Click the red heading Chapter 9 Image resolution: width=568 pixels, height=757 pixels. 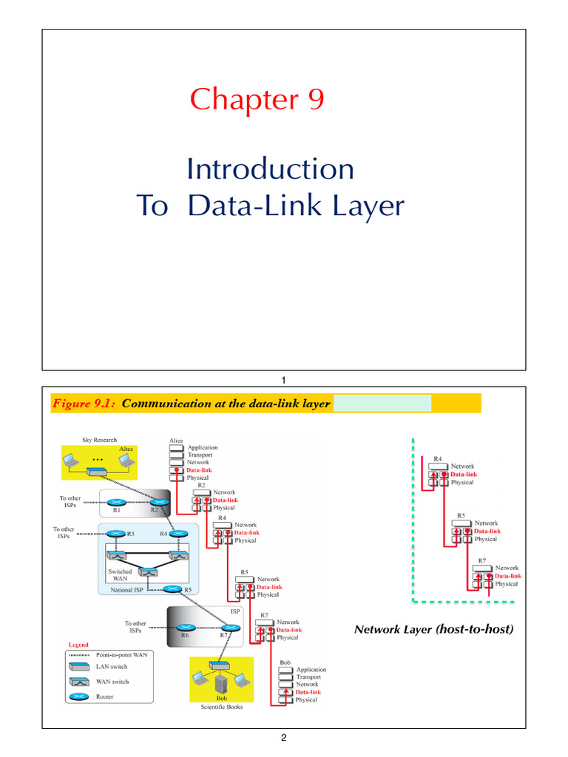pos(257,99)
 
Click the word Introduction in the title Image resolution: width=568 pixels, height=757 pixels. pos(270,169)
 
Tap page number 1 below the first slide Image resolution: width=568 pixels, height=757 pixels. pos(283,380)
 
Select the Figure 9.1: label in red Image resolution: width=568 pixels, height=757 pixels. pos(84,404)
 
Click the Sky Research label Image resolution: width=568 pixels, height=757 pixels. pos(89,441)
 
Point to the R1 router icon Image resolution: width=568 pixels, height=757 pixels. pos(116,503)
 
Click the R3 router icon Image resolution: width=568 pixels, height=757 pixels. pos(116,533)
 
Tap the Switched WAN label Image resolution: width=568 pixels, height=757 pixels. pos(120,576)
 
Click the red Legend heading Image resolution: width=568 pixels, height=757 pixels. pos(78,645)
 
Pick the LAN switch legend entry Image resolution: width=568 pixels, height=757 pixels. pos(112,667)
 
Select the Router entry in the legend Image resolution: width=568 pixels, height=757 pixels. pos(106,696)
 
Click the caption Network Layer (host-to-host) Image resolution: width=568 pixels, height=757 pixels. pos(433,630)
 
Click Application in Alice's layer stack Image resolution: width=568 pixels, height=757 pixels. pos(202,447)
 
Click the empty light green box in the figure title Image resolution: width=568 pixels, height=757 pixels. pos(382,403)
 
